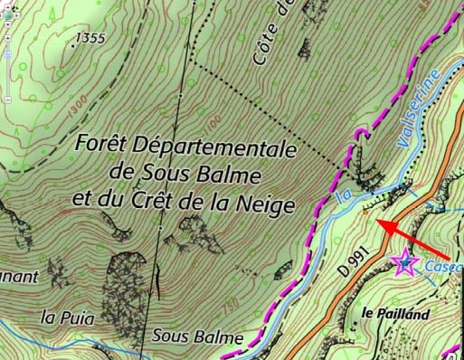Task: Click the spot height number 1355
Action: click(x=90, y=38)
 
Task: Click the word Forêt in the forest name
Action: click(x=101, y=145)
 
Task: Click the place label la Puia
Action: click(x=62, y=317)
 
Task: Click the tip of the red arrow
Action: click(x=378, y=223)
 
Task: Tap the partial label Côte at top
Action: click(x=269, y=40)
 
